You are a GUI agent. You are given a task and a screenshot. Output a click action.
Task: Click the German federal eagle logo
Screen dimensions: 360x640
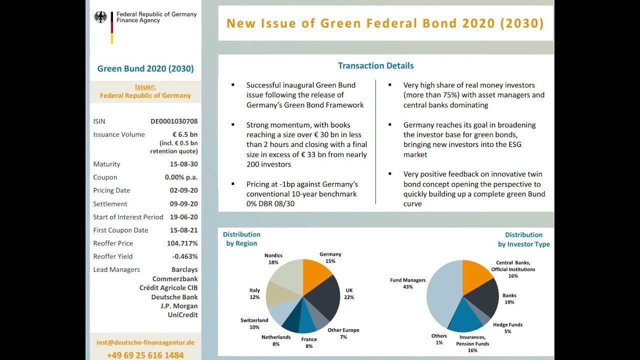(100, 17)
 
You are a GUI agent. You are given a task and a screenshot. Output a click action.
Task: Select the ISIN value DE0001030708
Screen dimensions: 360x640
(174, 121)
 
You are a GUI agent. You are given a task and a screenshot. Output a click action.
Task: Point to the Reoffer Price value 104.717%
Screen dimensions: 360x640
(182, 243)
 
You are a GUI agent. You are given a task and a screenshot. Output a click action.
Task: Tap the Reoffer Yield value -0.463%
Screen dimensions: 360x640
(184, 256)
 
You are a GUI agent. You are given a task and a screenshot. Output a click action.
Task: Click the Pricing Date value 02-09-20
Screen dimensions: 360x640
(183, 190)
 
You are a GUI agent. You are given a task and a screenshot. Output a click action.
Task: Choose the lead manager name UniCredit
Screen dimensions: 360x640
(182, 315)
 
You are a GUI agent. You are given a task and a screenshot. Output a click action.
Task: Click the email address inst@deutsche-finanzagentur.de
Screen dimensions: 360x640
(145, 342)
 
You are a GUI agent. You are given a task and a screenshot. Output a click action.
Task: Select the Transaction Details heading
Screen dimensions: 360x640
(375, 65)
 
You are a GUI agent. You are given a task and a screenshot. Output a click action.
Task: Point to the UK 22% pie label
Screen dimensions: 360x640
(349, 293)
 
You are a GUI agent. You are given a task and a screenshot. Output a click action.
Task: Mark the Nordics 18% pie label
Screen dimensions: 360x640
(273, 258)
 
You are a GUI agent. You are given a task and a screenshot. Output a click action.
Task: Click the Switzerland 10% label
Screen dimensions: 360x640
(254, 323)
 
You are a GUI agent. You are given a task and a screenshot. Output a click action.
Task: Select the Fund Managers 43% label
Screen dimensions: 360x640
(407, 283)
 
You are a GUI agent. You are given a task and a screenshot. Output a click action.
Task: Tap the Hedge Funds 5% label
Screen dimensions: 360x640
(507, 327)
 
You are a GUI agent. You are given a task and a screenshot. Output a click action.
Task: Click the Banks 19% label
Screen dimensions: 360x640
(509, 298)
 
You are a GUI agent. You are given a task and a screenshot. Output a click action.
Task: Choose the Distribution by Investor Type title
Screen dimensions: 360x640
(523, 239)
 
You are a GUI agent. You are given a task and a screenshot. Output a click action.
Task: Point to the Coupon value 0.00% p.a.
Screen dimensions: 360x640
(181, 177)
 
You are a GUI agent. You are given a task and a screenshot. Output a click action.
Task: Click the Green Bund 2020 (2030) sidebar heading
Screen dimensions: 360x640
(145, 69)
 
